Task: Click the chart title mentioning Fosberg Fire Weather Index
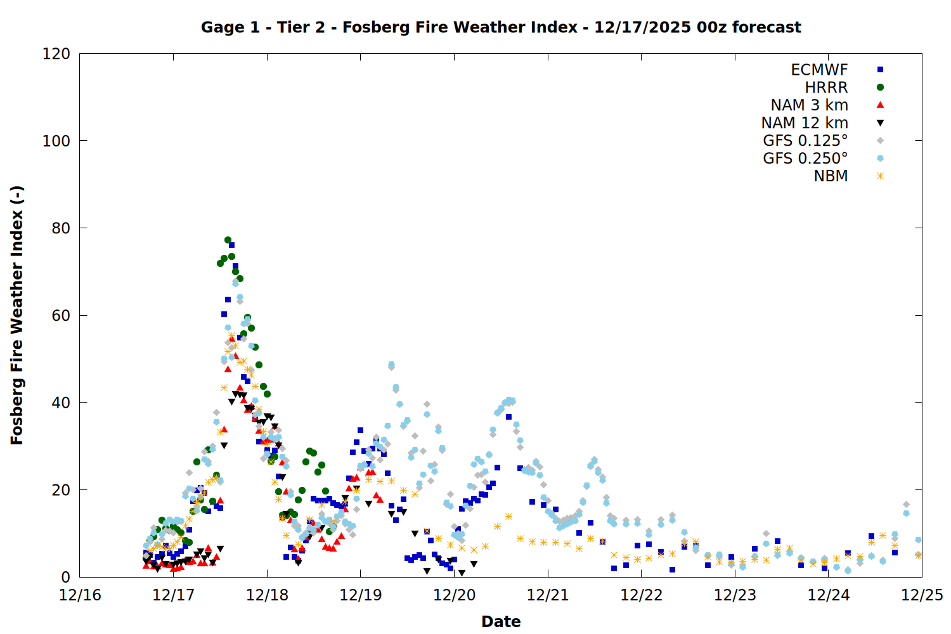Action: [x=501, y=27]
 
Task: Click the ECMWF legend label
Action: [x=819, y=70]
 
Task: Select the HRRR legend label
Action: [x=826, y=87]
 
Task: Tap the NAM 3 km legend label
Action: [x=809, y=105]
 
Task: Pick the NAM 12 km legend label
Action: [x=805, y=123]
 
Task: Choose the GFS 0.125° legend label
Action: [x=805, y=141]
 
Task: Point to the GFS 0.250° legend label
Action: [x=805, y=158]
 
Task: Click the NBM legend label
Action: [x=831, y=176]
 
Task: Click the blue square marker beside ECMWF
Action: [x=880, y=70]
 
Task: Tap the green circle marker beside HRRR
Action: [x=880, y=87]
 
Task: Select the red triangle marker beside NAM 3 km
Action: [x=880, y=105]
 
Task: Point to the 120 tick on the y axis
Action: [x=56, y=54]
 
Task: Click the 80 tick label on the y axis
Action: [x=61, y=228]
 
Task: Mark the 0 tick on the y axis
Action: [x=66, y=578]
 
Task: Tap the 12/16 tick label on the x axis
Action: [x=80, y=595]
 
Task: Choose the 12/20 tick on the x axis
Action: [x=455, y=595]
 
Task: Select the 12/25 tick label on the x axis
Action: [x=922, y=595]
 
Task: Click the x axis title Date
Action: [x=501, y=621]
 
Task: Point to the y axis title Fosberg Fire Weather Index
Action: [x=17, y=315]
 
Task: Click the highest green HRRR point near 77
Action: [x=228, y=240]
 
